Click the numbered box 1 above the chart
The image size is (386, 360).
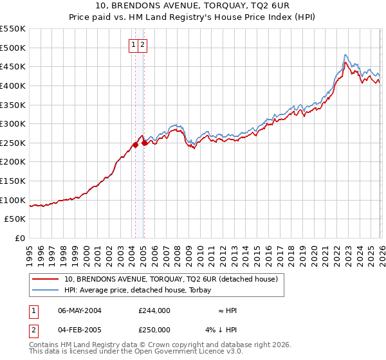pyautogui.click(x=133, y=45)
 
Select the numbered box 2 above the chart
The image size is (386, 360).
pyautogui.click(x=142, y=45)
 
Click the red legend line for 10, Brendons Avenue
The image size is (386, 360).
pyautogui.click(x=46, y=279)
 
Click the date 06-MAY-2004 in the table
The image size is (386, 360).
pyautogui.click(x=80, y=310)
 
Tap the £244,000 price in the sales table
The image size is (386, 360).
pyautogui.click(x=154, y=310)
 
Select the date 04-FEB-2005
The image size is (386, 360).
pyautogui.click(x=80, y=330)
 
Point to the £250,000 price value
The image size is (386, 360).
pyautogui.click(x=154, y=330)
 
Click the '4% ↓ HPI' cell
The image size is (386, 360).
pyautogui.click(x=221, y=330)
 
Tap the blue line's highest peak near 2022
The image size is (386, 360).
pyautogui.click(x=345, y=55)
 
